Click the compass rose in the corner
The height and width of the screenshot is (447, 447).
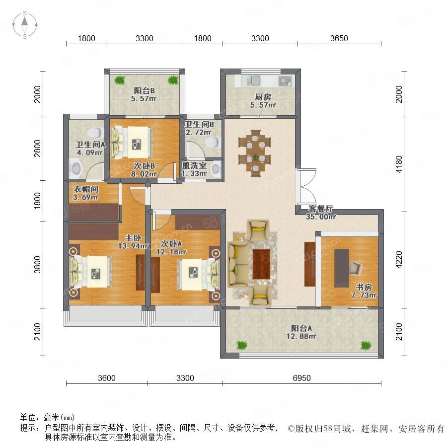[25, 25]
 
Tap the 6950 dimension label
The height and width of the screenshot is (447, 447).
[301, 378]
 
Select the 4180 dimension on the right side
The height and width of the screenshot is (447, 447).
[399, 164]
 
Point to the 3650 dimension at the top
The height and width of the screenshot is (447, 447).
[339, 38]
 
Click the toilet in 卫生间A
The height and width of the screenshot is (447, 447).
[95, 133]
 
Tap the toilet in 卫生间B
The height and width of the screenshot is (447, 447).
[213, 142]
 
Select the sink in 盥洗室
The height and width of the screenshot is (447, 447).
[217, 168]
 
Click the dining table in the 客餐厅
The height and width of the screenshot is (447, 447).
[255, 153]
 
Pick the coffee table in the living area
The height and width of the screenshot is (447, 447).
[261, 264]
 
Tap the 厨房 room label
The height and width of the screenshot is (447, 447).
[263, 97]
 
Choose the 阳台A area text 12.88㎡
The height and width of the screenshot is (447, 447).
[301, 336]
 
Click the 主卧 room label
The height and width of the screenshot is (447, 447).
[133, 238]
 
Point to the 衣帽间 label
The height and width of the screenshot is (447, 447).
[86, 189]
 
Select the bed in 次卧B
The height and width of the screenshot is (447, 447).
[131, 142]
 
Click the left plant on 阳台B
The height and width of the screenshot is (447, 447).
[120, 80]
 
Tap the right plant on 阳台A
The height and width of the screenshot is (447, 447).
[366, 346]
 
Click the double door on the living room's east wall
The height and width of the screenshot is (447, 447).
[306, 186]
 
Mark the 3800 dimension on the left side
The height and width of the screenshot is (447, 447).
[37, 265]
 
